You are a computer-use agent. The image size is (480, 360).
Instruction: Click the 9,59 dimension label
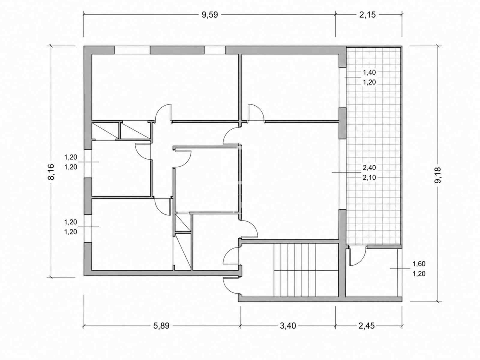tap(210, 15)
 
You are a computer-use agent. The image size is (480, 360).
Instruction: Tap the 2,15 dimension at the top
tap(367, 15)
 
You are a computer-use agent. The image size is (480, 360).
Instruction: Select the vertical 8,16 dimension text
tap(51, 172)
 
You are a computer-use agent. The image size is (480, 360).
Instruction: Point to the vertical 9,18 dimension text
tap(438, 175)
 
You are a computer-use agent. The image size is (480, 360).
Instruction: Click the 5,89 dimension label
tap(161, 326)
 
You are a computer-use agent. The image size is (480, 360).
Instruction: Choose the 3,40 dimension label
tap(288, 326)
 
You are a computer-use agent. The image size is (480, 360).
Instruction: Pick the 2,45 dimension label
tap(367, 326)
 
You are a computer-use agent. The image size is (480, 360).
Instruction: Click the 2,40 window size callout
tap(369, 168)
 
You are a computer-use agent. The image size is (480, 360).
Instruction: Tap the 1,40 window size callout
tap(369, 72)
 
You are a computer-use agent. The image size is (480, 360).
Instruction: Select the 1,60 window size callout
tap(419, 264)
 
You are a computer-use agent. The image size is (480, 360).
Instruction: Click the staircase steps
tap(306, 270)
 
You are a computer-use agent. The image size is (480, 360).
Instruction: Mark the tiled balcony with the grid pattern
tap(374, 145)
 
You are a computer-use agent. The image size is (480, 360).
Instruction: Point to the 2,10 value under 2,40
tap(369, 178)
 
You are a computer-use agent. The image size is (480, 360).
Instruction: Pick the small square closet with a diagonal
tap(183, 223)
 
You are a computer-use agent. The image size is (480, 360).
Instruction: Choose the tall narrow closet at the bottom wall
tap(182, 252)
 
